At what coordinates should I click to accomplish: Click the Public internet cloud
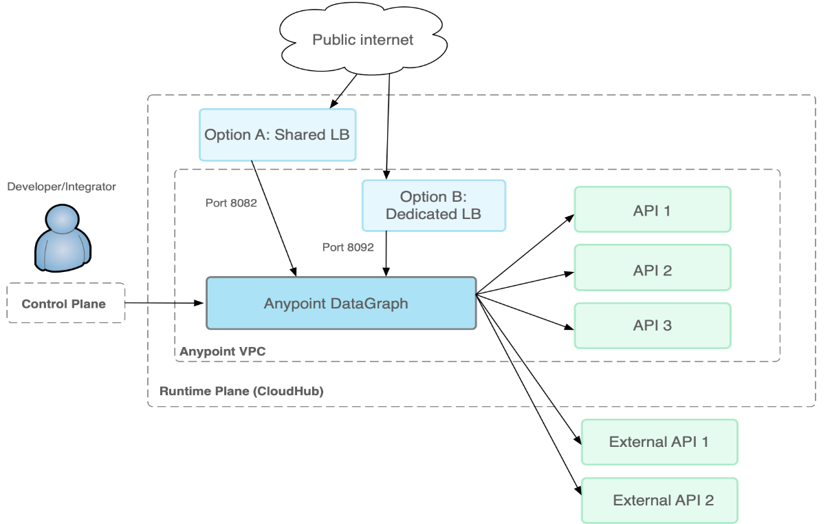click(362, 39)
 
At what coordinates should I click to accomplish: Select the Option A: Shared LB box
click(277, 134)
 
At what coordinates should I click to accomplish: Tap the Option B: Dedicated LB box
click(433, 205)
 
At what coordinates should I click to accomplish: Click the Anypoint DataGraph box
click(341, 304)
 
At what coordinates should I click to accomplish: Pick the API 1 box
click(652, 210)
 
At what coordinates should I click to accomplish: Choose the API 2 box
click(652, 269)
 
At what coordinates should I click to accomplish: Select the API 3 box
click(652, 325)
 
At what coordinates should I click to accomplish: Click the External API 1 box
click(659, 441)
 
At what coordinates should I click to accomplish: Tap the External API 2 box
click(659, 500)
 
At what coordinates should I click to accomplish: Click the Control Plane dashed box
click(65, 304)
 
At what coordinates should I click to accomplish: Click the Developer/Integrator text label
click(62, 187)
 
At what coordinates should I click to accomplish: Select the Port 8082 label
click(231, 203)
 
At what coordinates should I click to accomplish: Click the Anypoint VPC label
click(223, 352)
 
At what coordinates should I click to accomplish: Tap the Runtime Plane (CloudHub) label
click(241, 391)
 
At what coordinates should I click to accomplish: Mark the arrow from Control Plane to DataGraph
click(165, 303)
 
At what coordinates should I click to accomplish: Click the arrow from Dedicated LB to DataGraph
click(386, 253)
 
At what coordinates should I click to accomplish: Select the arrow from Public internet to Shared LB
click(344, 90)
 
